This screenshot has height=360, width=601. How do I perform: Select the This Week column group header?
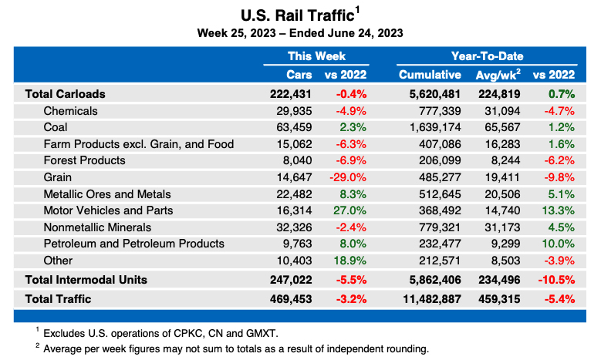316,56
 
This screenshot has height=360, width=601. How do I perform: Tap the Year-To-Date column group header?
486,56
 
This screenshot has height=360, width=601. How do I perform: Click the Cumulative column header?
429,75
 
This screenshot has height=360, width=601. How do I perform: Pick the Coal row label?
57,128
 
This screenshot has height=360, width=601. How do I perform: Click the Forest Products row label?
84,160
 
